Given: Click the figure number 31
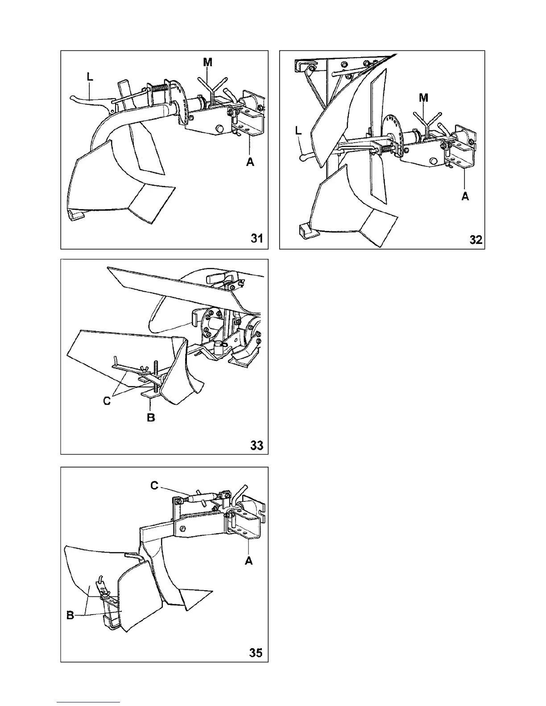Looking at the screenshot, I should point(256,238).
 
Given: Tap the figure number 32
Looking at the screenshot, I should point(476,239).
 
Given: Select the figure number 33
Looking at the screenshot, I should point(256,445).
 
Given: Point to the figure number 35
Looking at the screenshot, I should point(256,653).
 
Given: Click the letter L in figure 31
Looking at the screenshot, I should point(90,77).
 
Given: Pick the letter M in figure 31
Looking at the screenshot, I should point(208,63).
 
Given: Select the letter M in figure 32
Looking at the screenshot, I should point(424,98).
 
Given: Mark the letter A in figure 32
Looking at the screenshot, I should point(465,196).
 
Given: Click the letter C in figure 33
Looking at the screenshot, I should point(107,401).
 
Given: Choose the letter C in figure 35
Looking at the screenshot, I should point(154,485).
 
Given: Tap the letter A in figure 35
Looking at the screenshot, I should point(249,560).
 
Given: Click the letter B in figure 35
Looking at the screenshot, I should point(70,616).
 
